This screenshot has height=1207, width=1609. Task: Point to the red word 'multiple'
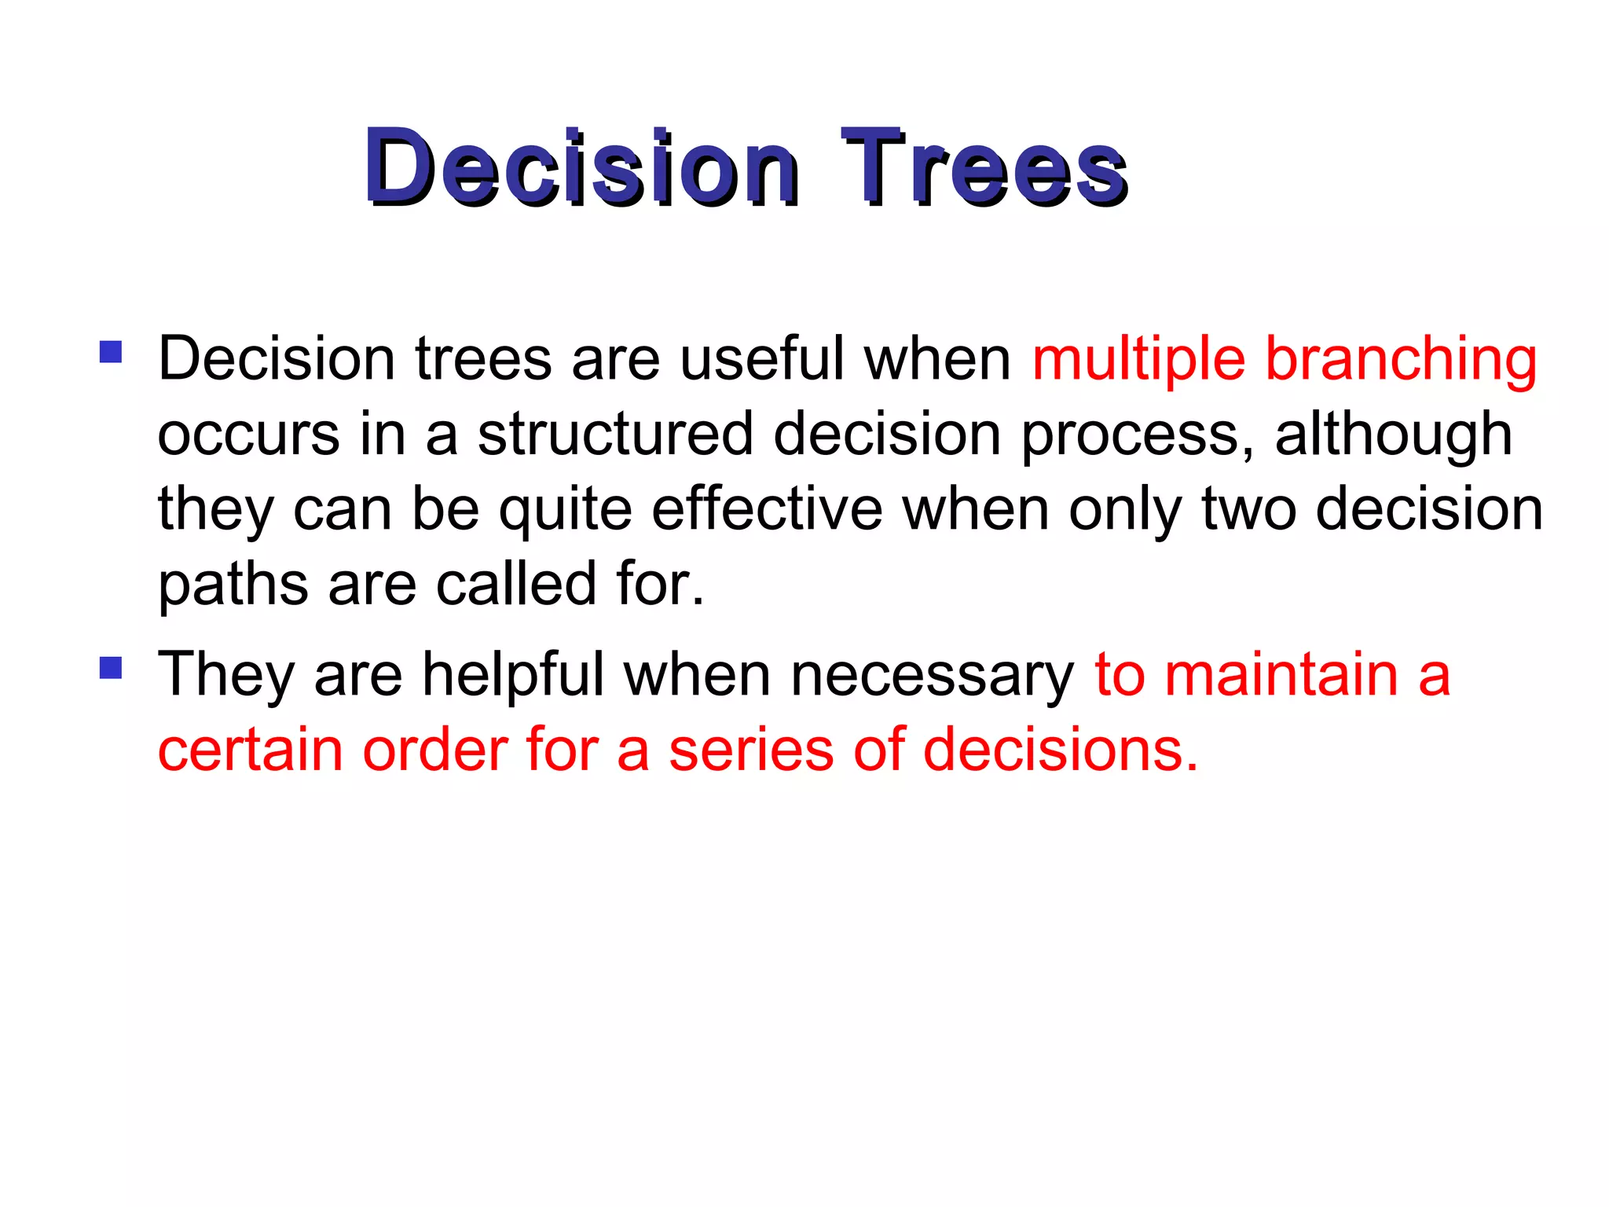1138,360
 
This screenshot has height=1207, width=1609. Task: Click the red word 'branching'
1401,360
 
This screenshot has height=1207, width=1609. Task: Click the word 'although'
1393,435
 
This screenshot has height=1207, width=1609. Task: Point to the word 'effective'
767,509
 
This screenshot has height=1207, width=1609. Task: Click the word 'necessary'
932,675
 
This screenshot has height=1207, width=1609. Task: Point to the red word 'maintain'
1281,675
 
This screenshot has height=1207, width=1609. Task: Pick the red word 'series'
751,750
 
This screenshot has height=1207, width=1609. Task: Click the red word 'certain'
250,750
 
